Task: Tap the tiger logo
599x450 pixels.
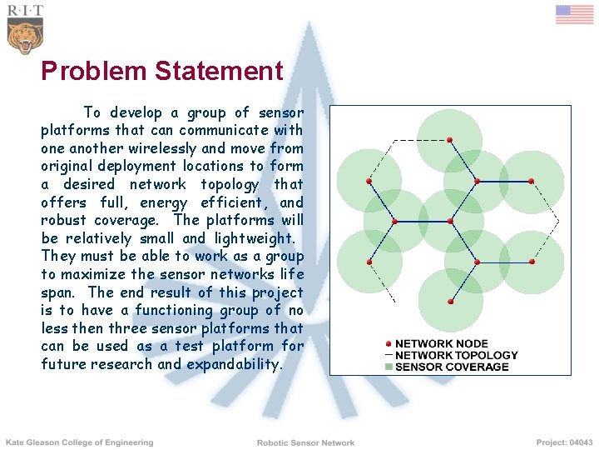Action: click(x=24, y=37)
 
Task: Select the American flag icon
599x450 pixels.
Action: click(x=574, y=15)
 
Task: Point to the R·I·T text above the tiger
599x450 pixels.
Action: click(x=24, y=11)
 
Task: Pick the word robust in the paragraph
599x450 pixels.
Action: click(x=64, y=221)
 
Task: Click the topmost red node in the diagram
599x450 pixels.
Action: click(x=449, y=139)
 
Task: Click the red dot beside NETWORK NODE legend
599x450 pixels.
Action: click(x=389, y=343)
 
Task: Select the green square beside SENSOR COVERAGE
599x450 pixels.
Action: click(x=389, y=367)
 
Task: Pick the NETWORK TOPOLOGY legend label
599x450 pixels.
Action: click(x=456, y=355)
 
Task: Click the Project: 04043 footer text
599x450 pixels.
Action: click(x=565, y=442)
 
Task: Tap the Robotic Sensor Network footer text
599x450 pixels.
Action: click(x=305, y=443)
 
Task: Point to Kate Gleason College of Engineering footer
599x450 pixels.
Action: click(x=80, y=442)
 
